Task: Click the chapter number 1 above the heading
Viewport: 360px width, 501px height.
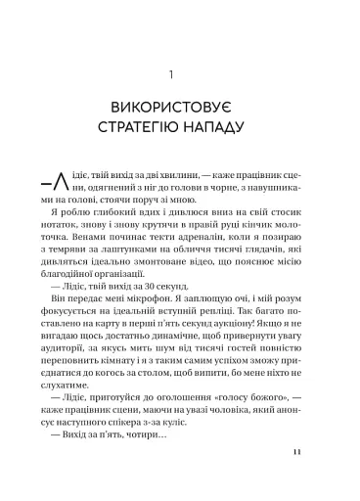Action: tap(180, 72)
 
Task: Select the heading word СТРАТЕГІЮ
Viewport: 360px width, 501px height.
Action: tap(150, 127)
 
